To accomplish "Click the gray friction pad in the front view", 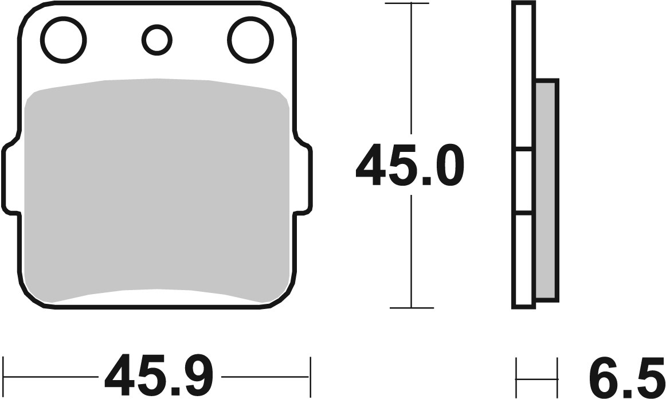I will [158, 189].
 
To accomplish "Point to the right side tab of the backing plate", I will [304, 178].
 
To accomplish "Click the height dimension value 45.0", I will [410, 166].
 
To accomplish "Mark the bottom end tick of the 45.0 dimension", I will [410, 308].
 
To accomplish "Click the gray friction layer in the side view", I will [546, 189].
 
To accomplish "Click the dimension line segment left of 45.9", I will [52, 377].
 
